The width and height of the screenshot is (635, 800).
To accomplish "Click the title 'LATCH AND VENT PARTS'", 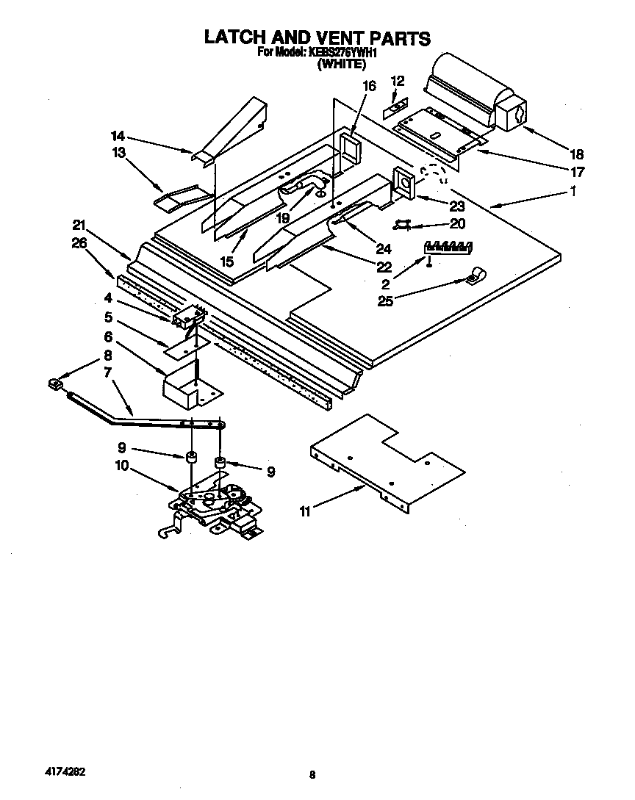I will (317, 37).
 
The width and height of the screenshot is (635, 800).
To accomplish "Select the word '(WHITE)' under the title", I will (341, 64).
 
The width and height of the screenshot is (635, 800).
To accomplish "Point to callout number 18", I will (577, 154).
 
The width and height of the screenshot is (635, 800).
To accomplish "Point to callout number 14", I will (118, 136).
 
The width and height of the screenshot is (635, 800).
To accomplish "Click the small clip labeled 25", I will (473, 278).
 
